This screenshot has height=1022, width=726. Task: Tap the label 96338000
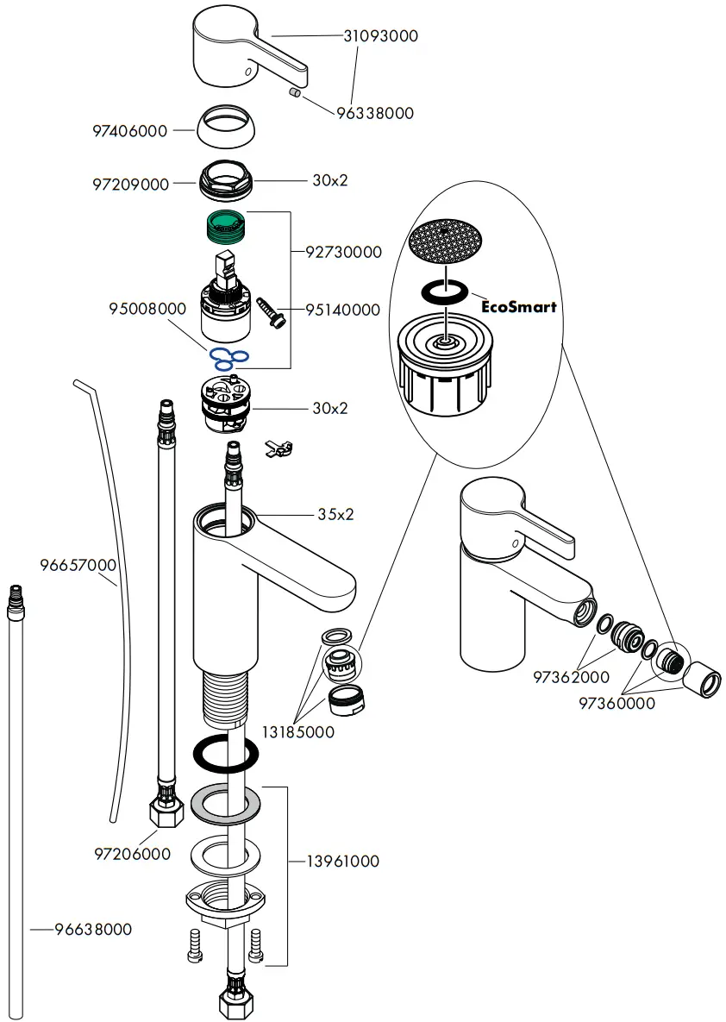point(375,113)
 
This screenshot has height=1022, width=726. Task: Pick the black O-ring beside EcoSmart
point(445,293)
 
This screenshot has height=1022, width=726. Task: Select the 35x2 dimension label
point(335,515)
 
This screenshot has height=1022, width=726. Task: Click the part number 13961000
point(342,862)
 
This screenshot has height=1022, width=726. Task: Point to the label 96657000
point(78,566)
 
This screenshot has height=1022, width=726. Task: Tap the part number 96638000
point(93,930)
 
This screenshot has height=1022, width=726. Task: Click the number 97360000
point(616,703)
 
